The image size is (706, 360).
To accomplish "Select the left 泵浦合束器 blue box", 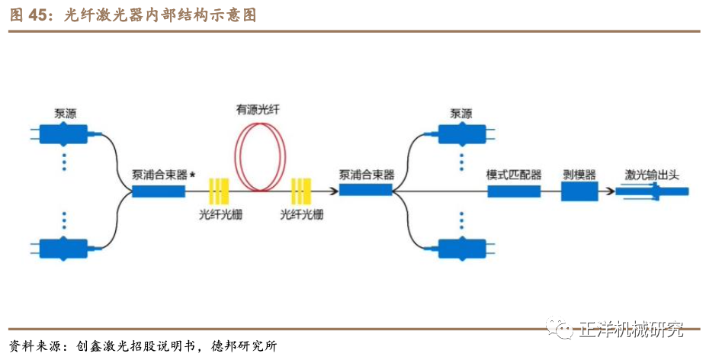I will click(x=159, y=191).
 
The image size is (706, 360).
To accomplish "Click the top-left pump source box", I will click(x=64, y=135).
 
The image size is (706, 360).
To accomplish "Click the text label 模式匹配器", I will click(x=514, y=174).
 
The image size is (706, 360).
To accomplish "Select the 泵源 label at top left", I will click(x=65, y=111).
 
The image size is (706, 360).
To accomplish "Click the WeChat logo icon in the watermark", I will click(x=563, y=329).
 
